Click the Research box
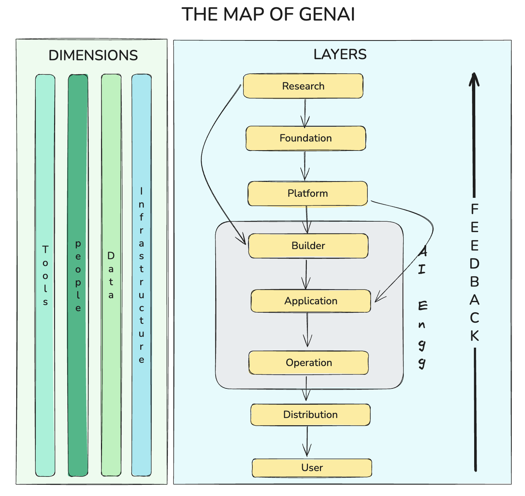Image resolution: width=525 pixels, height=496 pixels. pyautogui.click(x=303, y=86)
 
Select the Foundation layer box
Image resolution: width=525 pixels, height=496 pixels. pyautogui.click(x=306, y=138)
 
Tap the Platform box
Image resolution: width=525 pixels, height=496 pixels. pyautogui.click(x=308, y=193)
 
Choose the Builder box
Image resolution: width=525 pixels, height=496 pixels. pyautogui.click(x=308, y=246)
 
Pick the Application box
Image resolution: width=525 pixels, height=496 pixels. pyautogui.click(x=311, y=301)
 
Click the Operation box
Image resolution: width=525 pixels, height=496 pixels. pyautogui.click(x=309, y=363)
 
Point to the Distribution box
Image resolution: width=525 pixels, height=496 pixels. pyautogui.click(x=310, y=415)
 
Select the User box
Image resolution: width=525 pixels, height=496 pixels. pyautogui.click(x=312, y=468)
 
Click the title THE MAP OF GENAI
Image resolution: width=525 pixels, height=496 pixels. pyautogui.click(x=268, y=15)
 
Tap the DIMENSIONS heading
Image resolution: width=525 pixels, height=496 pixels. pyautogui.click(x=93, y=56)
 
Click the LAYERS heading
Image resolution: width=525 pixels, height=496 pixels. pyautogui.click(x=340, y=55)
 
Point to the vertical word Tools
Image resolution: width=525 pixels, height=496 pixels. pyautogui.click(x=45, y=275)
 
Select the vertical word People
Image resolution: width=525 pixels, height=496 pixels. pyautogui.click(x=78, y=276)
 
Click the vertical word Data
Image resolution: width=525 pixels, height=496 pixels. pyautogui.click(x=111, y=275)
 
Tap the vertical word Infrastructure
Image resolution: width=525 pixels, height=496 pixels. pyautogui.click(x=141, y=275)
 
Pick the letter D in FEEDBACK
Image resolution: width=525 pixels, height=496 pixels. pyautogui.click(x=475, y=264)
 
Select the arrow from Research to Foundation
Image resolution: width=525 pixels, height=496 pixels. pyautogui.click(x=305, y=113)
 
